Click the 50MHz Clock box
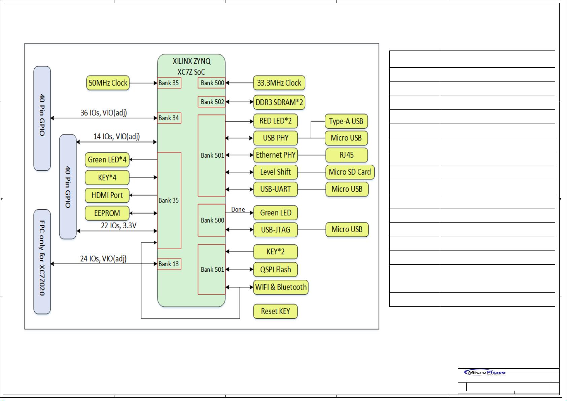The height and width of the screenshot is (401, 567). [108, 83]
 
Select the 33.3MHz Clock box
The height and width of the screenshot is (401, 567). [279, 83]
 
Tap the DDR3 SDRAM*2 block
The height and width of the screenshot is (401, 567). [279, 102]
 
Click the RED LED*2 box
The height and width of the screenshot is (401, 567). [275, 121]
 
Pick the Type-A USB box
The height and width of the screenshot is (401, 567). [346, 121]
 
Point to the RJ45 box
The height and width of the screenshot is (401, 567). [346, 155]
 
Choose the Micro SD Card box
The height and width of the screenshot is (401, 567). [350, 172]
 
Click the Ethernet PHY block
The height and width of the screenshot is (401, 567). [275, 155]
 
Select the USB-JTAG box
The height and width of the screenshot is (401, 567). [275, 230]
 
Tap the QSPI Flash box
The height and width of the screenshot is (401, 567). [275, 269]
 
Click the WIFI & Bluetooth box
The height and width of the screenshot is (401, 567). [281, 287]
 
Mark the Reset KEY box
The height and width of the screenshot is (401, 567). [275, 311]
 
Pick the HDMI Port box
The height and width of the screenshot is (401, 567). [107, 195]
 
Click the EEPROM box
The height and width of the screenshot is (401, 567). [107, 213]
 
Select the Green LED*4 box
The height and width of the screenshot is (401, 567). [107, 160]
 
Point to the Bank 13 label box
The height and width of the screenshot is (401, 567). [169, 264]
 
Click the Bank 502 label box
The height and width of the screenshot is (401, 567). [212, 102]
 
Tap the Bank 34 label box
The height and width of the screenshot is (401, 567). [169, 118]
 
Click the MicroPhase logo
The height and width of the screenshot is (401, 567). [485, 373]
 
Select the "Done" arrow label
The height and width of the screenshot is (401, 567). [238, 209]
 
